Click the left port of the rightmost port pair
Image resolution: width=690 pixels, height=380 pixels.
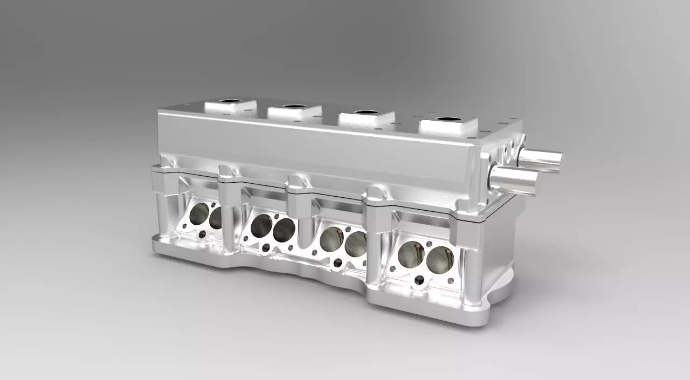[411, 254]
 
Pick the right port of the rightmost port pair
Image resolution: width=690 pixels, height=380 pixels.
[439, 260]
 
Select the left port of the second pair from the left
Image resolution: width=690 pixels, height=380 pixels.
[261, 225]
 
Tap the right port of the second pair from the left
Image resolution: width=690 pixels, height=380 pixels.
[284, 231]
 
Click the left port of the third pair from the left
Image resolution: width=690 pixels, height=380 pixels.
[331, 239]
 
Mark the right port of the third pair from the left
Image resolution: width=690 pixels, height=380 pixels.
[355, 244]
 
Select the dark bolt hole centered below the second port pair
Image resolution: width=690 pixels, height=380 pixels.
[266, 247]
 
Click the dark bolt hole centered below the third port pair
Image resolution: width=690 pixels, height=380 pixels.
[337, 262]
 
